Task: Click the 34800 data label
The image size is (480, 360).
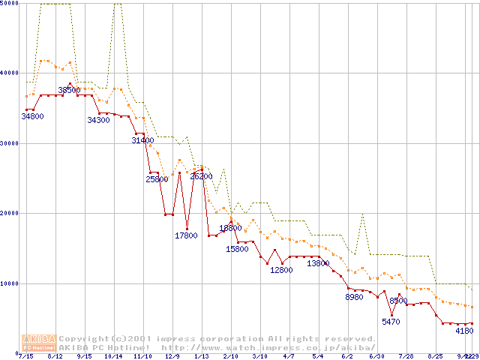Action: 32,116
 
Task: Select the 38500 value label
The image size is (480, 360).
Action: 69,90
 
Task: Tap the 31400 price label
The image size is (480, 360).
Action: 142,140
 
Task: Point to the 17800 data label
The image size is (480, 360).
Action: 186,235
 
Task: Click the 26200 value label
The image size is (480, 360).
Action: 201,177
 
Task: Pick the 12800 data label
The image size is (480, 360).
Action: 281,270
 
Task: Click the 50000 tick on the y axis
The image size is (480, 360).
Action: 10,4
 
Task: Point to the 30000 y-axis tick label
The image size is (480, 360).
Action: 10,143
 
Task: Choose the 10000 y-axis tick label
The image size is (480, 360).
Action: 10,283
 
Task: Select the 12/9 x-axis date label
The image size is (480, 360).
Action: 172,356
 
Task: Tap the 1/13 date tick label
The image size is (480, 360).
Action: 201,356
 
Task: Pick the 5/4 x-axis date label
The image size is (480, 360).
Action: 318,356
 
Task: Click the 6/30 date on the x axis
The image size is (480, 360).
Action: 376,356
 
